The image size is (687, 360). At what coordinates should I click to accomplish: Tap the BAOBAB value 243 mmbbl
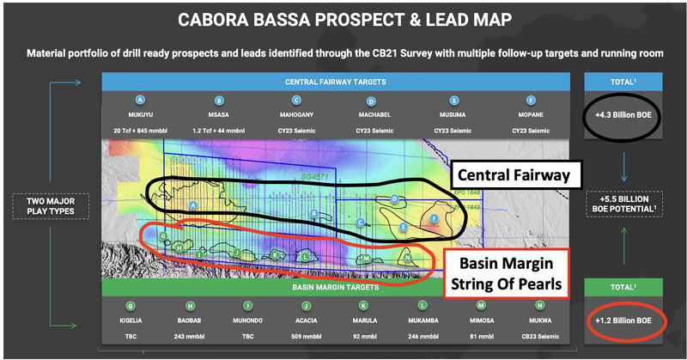193,339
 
